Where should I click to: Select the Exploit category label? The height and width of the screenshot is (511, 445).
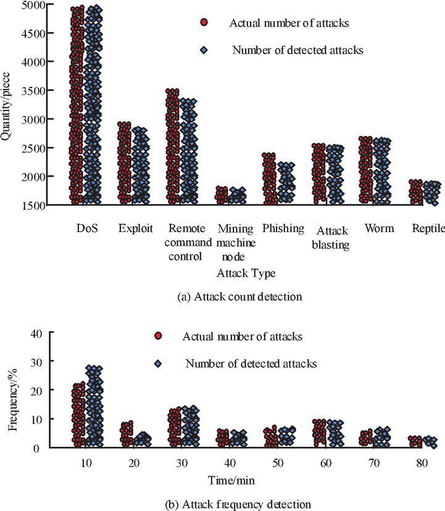[x=136, y=228]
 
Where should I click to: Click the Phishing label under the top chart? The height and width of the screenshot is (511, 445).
[x=283, y=228]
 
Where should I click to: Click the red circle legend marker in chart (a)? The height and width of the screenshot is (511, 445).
[x=204, y=23]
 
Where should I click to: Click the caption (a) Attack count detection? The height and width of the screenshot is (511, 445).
[x=239, y=296]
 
